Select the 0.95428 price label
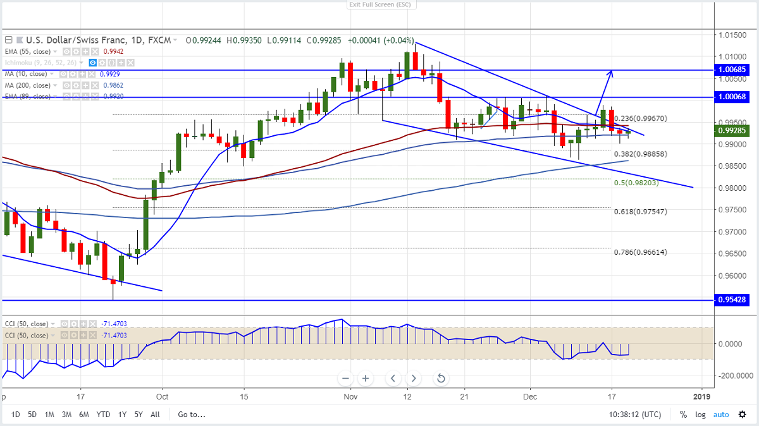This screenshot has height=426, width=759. click(x=734, y=300)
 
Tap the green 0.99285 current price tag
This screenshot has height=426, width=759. click(x=734, y=131)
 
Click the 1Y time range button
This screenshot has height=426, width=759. click(x=122, y=415)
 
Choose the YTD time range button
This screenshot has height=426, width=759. click(x=103, y=415)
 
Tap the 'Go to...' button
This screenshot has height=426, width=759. click(x=192, y=415)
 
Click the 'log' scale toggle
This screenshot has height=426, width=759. click(x=701, y=415)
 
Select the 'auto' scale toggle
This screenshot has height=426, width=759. click(x=721, y=415)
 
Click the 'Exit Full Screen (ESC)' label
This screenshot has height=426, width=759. click(x=379, y=5)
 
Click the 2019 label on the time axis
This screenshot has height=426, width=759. click(x=701, y=397)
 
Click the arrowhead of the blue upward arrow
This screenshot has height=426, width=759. click(x=611, y=71)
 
